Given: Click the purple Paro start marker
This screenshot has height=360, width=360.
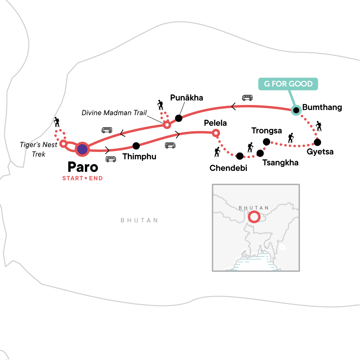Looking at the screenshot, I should [82, 149].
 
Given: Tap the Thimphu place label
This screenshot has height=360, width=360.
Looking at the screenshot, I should [139, 157].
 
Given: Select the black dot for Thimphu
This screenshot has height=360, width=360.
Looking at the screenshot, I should [136, 146].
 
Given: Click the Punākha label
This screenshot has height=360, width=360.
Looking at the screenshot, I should [187, 98].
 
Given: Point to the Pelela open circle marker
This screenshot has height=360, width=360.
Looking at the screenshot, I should [216, 133].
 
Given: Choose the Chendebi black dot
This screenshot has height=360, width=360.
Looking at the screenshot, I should [240, 156].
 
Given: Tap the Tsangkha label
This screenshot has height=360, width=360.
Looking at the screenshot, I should [280, 163].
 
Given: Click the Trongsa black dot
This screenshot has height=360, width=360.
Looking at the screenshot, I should [266, 142].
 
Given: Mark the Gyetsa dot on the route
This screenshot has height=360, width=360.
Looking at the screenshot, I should [317, 142].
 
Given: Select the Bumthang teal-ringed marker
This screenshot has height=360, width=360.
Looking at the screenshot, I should [296, 110].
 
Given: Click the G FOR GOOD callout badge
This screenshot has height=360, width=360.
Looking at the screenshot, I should [288, 84].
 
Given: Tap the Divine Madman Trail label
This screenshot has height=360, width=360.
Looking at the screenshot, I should [114, 113].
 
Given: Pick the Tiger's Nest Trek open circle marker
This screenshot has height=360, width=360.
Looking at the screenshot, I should [63, 144].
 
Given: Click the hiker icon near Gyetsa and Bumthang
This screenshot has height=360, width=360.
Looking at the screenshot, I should [318, 126].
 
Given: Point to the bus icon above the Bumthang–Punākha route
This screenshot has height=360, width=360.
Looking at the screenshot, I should [247, 98].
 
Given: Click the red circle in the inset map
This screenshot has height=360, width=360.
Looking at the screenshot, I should [254, 217].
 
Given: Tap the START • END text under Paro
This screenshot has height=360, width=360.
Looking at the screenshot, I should [82, 178].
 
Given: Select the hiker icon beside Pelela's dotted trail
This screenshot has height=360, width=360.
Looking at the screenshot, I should [217, 152].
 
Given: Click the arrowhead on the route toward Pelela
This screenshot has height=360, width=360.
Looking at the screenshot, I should [178, 135].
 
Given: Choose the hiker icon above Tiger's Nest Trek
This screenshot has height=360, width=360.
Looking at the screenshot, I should [56, 122].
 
